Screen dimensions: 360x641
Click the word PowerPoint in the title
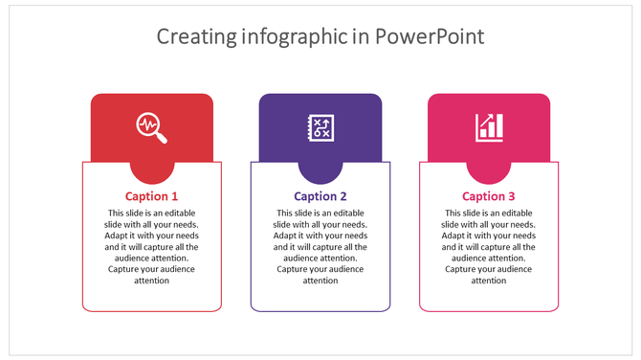pos(430,37)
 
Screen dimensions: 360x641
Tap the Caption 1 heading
pos(152,196)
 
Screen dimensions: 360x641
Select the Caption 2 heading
pos(320,196)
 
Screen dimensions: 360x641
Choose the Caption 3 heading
pos(489,196)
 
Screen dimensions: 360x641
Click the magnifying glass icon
pos(152,127)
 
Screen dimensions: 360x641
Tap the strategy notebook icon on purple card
pos(320,127)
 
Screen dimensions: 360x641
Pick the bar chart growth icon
pos(489,127)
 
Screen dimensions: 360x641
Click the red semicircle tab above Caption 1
pos(152,172)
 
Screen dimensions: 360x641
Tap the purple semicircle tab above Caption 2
pos(320,172)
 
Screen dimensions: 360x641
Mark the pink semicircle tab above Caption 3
pos(489,172)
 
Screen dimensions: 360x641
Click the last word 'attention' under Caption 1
pos(152,281)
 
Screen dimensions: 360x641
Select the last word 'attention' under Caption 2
pos(320,281)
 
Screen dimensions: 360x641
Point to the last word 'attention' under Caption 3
pos(489,281)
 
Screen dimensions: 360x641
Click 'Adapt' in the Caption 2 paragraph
pos(285,236)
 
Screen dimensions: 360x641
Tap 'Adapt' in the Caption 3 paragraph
pos(453,236)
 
